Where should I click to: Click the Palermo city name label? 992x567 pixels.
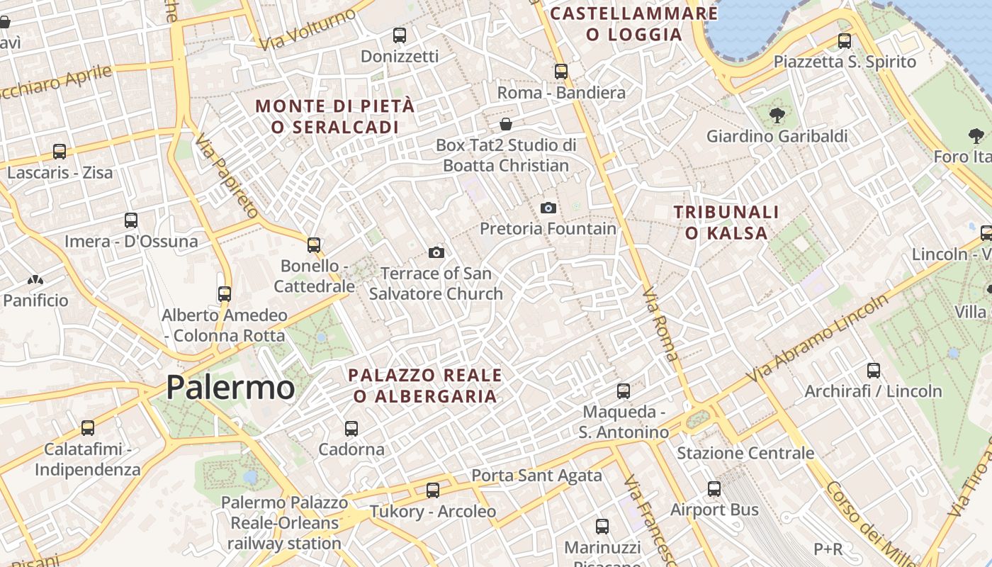point(230,388)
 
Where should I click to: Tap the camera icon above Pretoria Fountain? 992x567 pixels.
point(548,208)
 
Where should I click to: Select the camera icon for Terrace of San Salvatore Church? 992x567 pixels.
point(436,252)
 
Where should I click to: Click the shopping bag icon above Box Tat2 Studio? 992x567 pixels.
point(506,124)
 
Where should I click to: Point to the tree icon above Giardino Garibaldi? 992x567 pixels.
point(777,115)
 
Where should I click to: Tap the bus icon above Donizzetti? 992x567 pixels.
point(400,35)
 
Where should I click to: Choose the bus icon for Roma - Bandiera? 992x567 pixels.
point(561,71)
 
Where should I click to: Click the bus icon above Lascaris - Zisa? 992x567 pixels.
point(60,152)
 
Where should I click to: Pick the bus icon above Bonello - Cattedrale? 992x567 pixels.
point(314,245)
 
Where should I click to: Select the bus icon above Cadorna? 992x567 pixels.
point(351,428)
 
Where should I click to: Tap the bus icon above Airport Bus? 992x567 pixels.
point(714,488)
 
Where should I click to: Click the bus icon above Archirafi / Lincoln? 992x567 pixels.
point(874,370)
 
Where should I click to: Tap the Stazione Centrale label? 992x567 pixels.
point(745,453)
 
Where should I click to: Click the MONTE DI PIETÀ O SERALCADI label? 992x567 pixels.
point(334,116)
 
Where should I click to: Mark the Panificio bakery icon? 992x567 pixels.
point(35,281)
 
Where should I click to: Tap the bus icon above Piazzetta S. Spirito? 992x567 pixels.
point(845,40)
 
